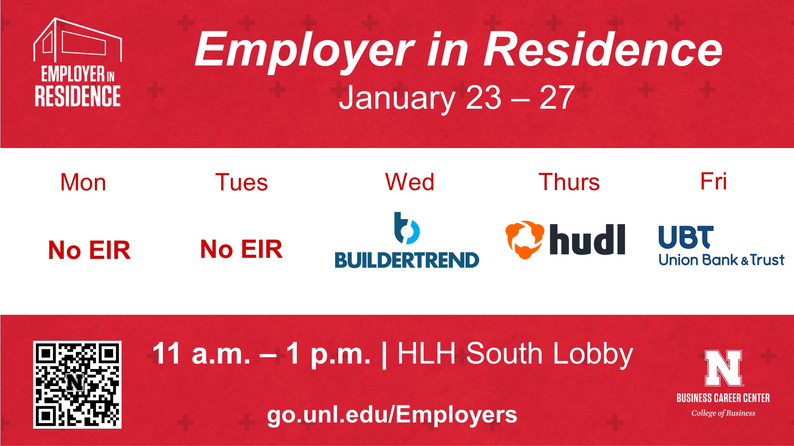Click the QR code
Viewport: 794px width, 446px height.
coord(77,384)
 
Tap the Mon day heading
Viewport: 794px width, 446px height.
coord(83,183)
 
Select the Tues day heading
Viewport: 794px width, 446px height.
coord(241,183)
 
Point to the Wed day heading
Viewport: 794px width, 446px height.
coord(410,182)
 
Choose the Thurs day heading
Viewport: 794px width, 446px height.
coord(569,182)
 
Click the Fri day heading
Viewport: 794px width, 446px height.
coord(714,181)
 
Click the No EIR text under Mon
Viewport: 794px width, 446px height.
coord(90,250)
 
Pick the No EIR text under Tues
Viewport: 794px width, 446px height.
coord(241,249)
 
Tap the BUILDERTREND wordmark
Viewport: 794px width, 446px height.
coord(407,260)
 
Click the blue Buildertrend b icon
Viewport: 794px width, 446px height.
coord(406,228)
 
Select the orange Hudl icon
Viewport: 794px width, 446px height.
coord(525,240)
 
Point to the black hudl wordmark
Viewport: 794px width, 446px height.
coord(588,239)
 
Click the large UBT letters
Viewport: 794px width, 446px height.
coord(686,237)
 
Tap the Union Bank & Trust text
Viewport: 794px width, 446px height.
coord(721,260)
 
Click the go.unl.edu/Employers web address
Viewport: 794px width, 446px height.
coord(392,415)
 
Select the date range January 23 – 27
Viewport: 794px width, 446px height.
coord(457,98)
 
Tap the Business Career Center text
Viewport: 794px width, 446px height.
coord(723,398)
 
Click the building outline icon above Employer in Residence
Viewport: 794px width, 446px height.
coord(77,40)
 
